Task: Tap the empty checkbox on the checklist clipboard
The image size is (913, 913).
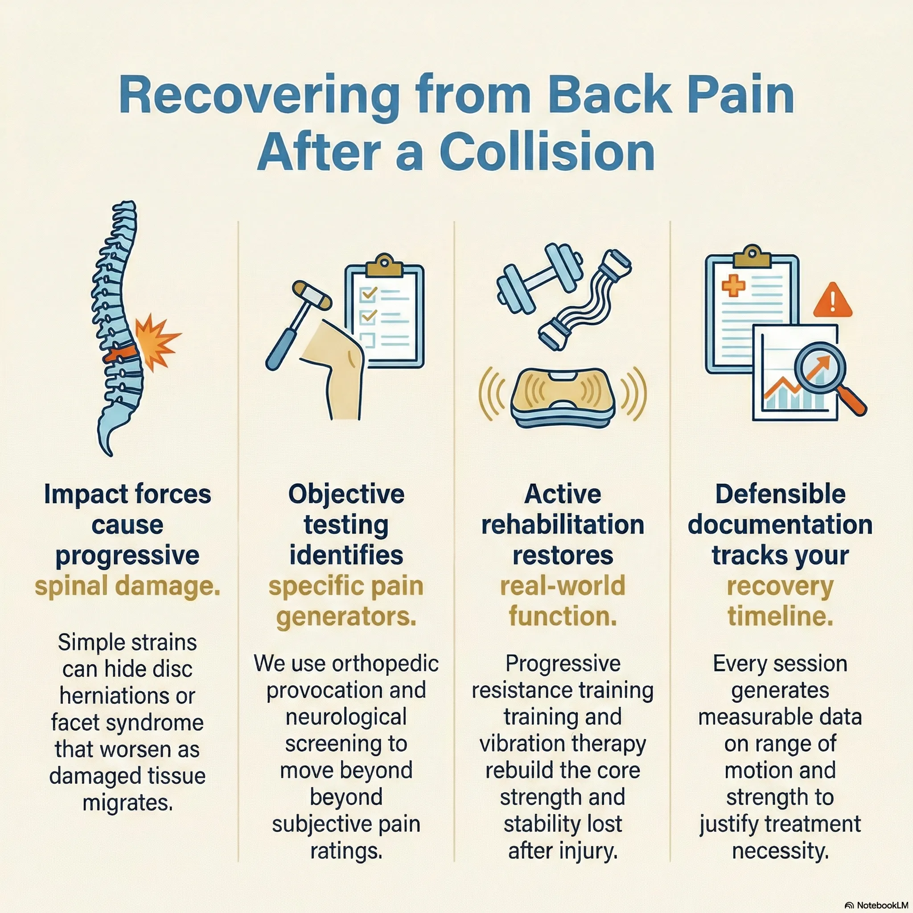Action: tap(367, 339)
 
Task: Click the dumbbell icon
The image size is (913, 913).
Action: tap(539, 281)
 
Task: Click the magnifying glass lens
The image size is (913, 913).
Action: tap(820, 368)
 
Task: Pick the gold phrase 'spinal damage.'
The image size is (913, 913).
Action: tap(127, 587)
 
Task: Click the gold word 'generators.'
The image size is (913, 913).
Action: tap(346, 617)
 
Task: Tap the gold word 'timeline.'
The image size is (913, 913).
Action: tap(780, 617)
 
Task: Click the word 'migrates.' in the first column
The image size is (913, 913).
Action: tap(127, 803)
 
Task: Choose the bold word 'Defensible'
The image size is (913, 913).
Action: tap(780, 494)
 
